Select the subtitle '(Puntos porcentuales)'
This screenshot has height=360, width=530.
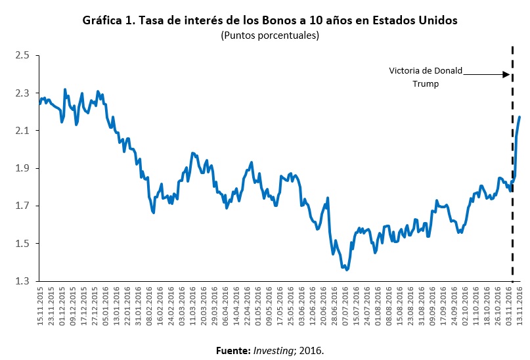[x=270, y=35]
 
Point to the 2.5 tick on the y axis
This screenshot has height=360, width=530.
[x=22, y=55]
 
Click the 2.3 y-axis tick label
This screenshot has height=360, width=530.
[x=22, y=93]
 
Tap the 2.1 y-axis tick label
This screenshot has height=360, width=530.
[x=22, y=131]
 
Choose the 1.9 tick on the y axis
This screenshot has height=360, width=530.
[x=22, y=169]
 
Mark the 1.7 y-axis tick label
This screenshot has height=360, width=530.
[x=22, y=206]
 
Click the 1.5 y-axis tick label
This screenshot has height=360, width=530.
[x=22, y=244]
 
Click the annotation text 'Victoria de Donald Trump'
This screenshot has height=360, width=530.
[x=426, y=77]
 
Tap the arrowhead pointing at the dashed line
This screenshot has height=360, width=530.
[x=506, y=74]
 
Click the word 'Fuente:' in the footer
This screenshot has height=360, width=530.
[x=232, y=350]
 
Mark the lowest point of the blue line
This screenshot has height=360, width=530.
[x=346, y=269]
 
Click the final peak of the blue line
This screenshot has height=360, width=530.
[x=519, y=118]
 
